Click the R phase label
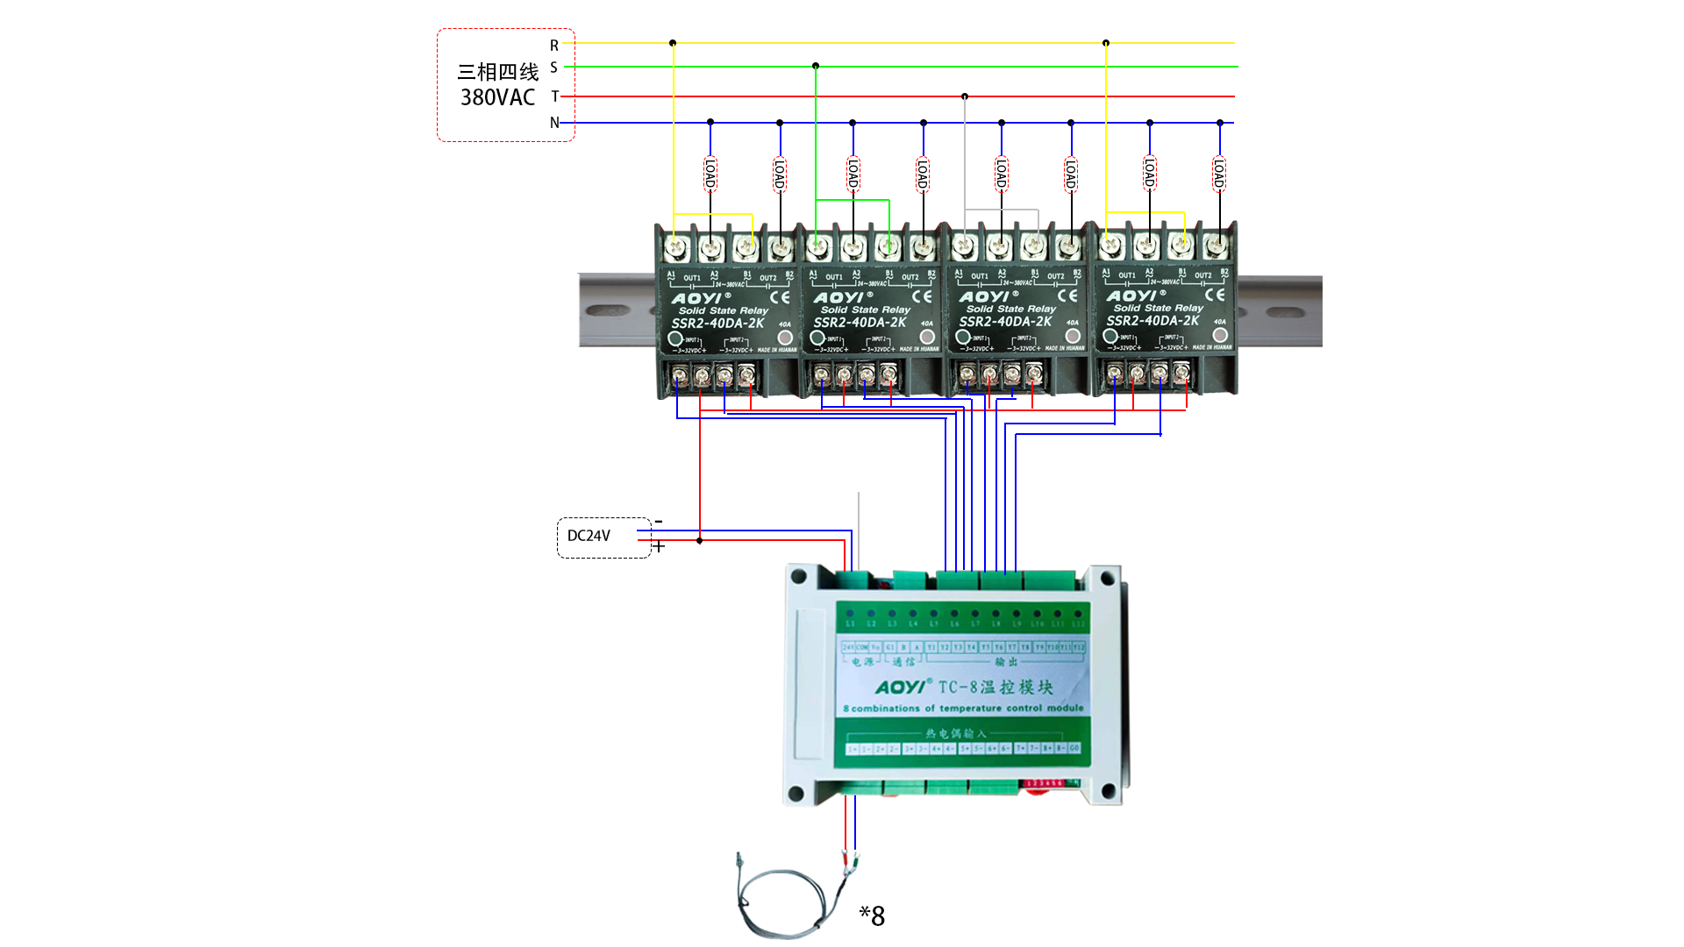[554, 45]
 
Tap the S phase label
[554, 68]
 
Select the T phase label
[554, 96]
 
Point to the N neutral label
[554, 123]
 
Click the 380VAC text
[497, 97]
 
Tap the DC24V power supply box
[603, 537]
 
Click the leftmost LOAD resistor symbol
[710, 174]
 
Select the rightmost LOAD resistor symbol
[1219, 174]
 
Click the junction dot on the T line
[965, 96]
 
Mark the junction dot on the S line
[816, 66]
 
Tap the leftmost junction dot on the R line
[673, 43]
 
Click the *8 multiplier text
[872, 916]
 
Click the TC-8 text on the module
[958, 687]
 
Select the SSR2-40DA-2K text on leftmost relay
[717, 324]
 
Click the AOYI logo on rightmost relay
[1132, 296]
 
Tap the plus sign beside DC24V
[659, 546]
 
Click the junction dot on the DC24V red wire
[699, 541]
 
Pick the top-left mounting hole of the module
[798, 576]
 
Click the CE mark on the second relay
[922, 296]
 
